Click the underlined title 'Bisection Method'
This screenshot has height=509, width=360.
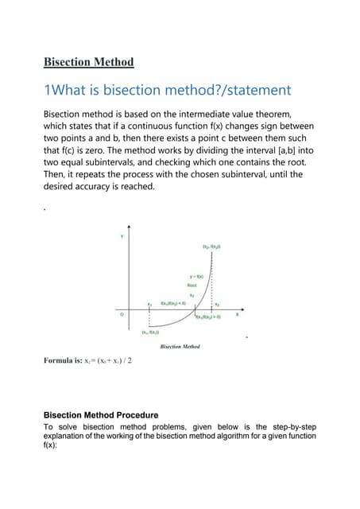click(x=88, y=62)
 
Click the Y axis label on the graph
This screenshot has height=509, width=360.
click(x=122, y=236)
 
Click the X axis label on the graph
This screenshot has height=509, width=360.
click(x=237, y=313)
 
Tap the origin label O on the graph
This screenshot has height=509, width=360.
click(x=122, y=314)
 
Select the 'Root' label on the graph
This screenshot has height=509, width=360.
click(x=192, y=284)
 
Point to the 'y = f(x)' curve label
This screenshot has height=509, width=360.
click(x=196, y=276)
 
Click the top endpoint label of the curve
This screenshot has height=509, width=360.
click(x=211, y=247)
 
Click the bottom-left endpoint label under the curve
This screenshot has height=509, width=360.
click(x=151, y=332)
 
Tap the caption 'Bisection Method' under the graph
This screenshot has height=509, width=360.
click(x=180, y=347)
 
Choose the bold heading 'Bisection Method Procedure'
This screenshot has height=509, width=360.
click(x=101, y=415)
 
